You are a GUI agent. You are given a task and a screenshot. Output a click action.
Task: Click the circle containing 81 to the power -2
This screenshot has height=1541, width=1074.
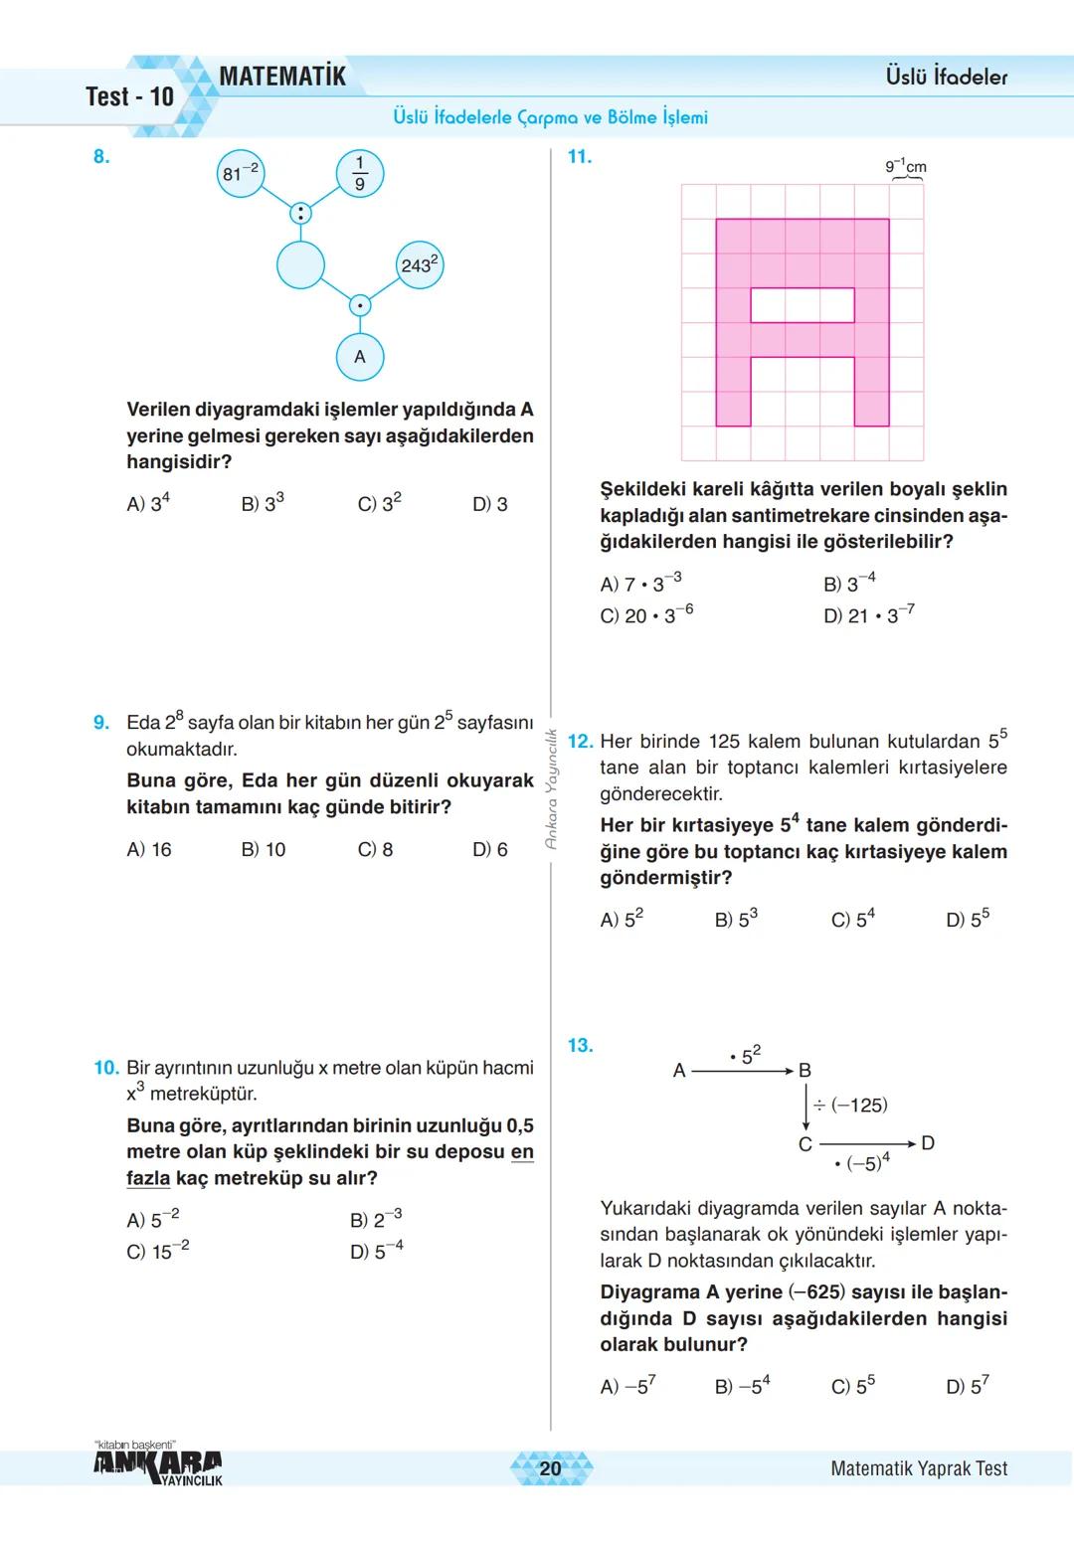point(241,174)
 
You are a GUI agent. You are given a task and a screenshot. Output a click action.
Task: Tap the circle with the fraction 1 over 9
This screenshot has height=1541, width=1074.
point(360,174)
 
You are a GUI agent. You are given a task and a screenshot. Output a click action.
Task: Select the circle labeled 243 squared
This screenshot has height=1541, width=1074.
point(420,264)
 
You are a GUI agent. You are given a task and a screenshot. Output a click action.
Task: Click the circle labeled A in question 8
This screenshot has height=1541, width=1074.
point(360,357)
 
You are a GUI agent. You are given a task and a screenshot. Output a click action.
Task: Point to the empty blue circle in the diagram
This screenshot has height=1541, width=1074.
point(300,264)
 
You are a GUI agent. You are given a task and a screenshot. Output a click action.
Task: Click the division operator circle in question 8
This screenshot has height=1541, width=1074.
point(300,213)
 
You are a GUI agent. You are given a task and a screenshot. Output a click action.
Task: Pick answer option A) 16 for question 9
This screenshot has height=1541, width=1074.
point(149,850)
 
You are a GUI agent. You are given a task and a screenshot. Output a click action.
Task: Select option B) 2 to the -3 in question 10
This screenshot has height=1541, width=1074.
point(376,1219)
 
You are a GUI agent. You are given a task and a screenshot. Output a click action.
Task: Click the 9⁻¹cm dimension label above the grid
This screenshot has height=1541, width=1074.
point(906,166)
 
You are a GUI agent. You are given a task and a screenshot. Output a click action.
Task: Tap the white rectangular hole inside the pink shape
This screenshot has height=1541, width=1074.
point(802,305)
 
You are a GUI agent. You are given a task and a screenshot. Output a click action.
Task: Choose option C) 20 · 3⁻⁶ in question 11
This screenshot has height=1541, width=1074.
point(646,615)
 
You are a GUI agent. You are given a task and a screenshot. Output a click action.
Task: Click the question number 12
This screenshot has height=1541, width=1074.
point(579,742)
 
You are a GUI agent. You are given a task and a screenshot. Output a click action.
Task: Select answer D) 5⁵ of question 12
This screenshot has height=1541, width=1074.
point(967,920)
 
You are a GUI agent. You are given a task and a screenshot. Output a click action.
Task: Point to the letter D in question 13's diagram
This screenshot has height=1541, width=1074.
point(928,1143)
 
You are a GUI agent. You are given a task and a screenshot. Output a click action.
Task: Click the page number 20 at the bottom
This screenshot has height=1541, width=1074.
point(550,1468)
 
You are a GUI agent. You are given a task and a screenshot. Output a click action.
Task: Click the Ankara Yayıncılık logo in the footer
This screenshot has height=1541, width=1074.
point(158,1464)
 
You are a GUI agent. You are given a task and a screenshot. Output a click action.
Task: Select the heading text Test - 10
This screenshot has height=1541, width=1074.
point(129,96)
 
